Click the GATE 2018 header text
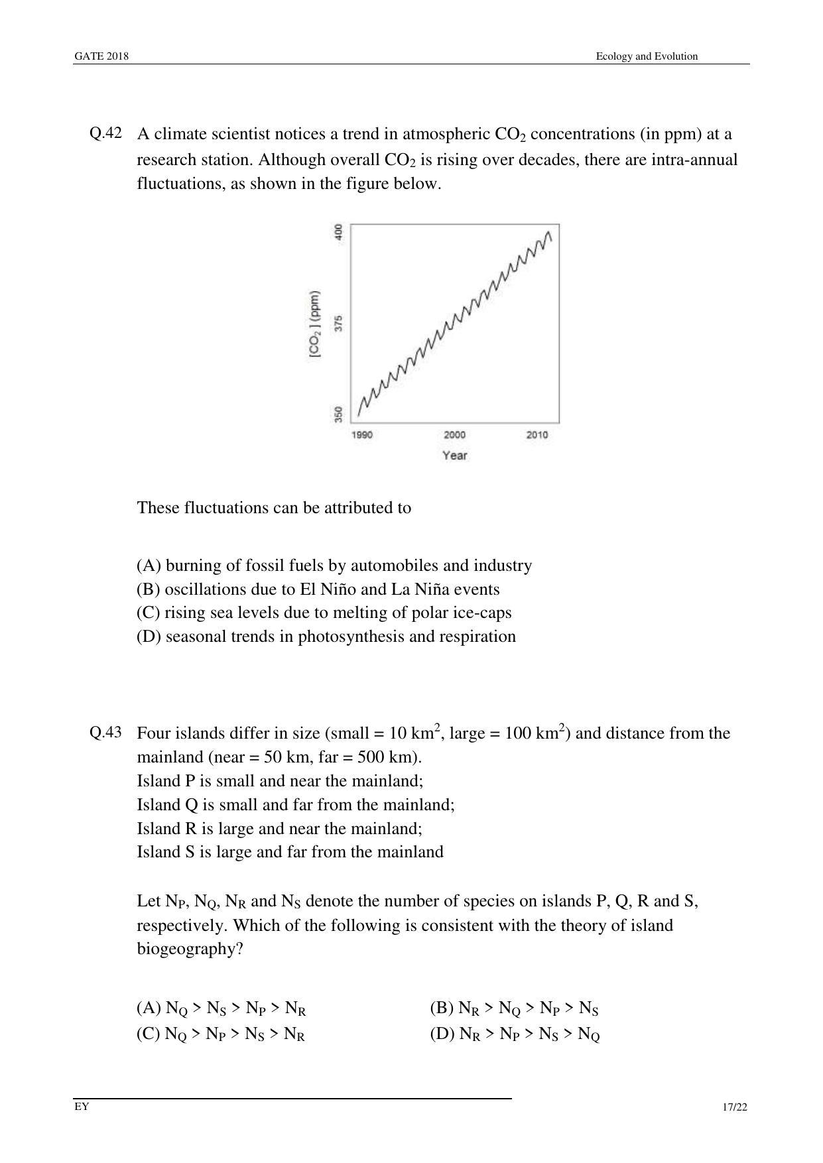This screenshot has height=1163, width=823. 101,56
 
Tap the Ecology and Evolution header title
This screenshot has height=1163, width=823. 646,56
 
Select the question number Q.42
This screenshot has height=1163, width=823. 105,133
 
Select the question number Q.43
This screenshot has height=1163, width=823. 105,732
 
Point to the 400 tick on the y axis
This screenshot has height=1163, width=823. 339,232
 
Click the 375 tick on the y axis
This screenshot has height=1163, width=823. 339,324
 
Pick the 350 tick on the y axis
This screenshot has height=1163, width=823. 339,414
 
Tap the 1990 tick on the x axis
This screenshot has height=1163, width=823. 362,435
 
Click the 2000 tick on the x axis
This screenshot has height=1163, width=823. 454,435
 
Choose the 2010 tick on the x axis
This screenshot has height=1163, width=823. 537,435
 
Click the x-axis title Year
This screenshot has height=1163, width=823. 455,456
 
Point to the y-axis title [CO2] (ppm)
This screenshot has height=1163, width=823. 314,325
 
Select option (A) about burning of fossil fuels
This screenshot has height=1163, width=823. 334,566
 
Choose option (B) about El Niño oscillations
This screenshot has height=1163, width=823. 318,589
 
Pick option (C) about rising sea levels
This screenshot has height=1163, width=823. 324,613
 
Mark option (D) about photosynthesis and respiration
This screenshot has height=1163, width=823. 326,637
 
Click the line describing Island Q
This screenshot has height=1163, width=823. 296,805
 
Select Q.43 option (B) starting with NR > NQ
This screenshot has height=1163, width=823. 514,1009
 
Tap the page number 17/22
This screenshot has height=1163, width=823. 735,1107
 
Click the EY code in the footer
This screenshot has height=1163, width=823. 82,1106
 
